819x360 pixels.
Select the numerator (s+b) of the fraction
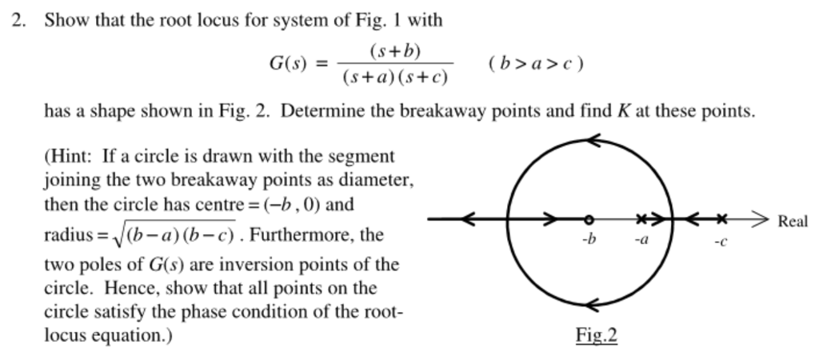coord(395,51)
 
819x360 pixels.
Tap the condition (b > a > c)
coord(535,62)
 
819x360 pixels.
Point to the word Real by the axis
coord(792,222)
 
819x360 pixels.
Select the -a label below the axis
coord(641,239)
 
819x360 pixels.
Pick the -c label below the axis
coord(721,241)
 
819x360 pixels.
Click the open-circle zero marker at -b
coord(589,218)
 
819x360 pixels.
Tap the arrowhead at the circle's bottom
coord(596,306)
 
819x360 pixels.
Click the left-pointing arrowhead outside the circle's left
coord(469,218)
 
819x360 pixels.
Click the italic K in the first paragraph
coord(621,110)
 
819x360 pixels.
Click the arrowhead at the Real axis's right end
coord(761,218)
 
